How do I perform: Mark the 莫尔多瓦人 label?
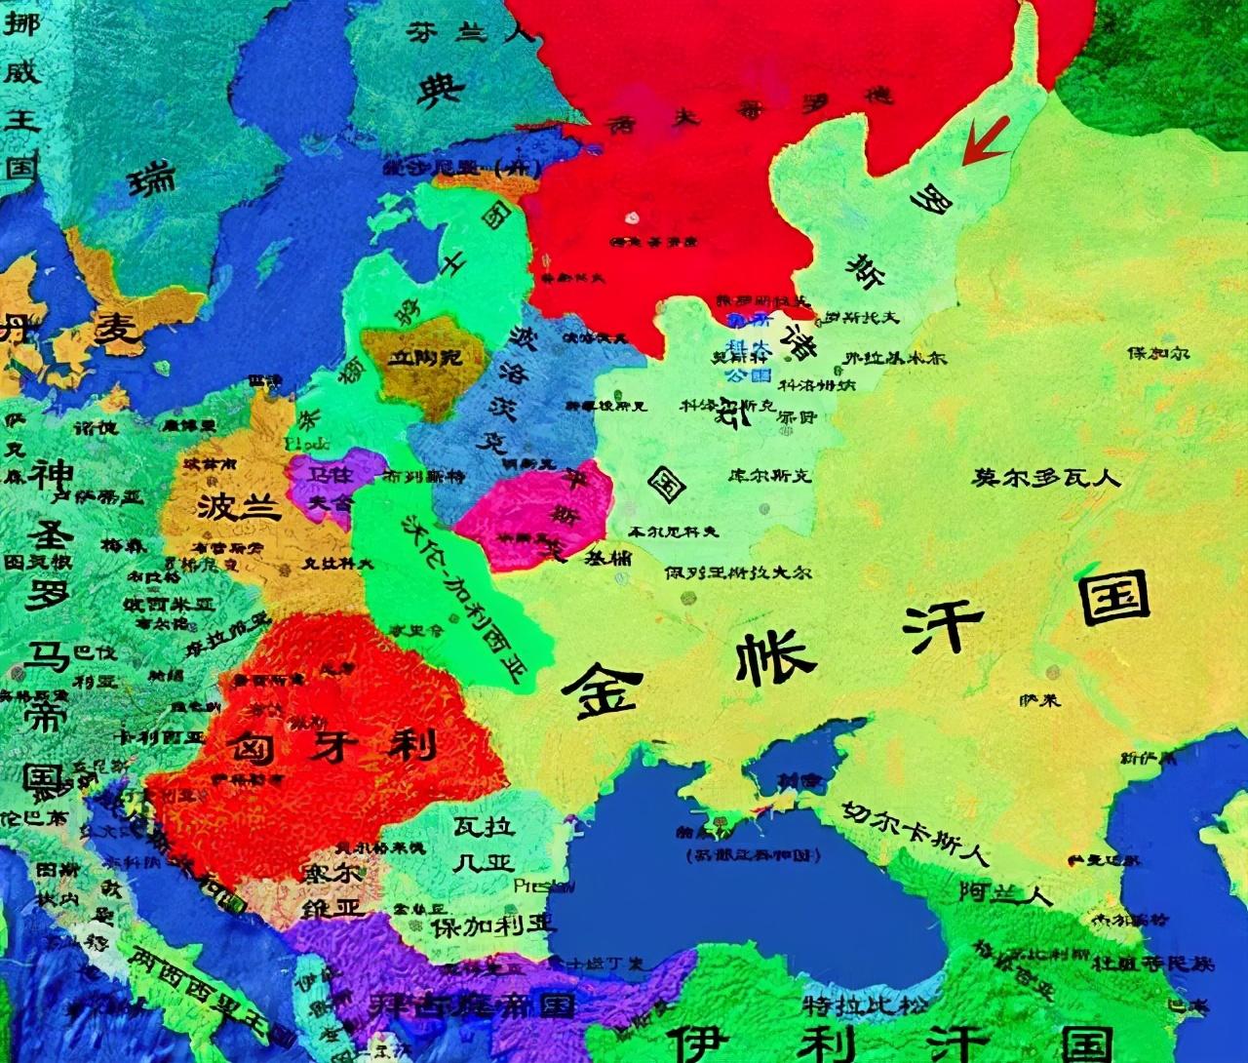1046,478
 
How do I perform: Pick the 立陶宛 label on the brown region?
426,359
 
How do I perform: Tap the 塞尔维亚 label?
332,886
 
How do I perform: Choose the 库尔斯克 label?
769,476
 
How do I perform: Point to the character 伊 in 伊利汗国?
701,1041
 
